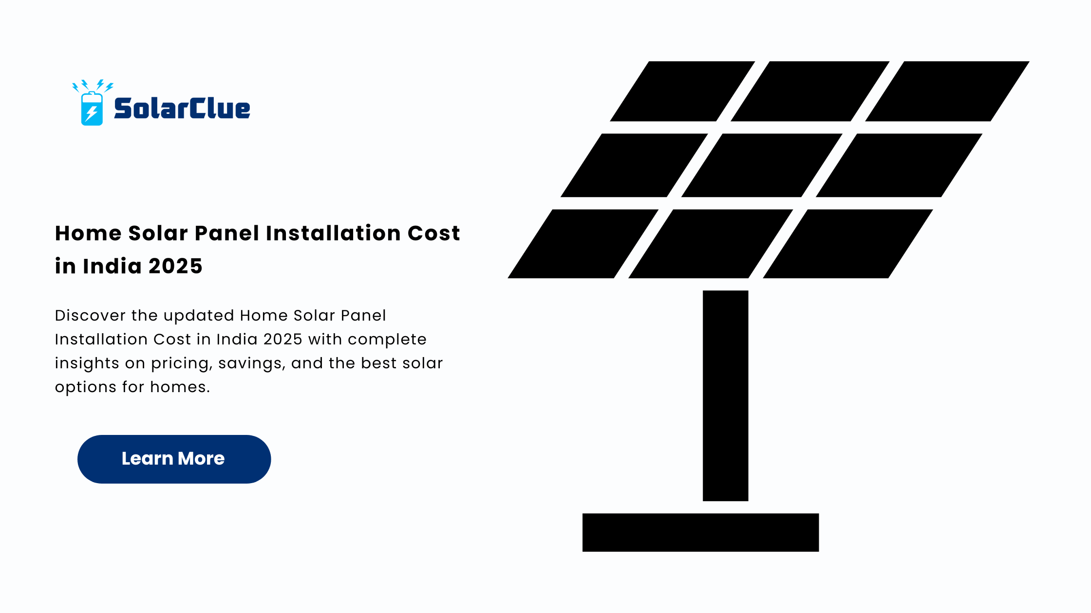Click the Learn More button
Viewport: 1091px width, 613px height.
174,459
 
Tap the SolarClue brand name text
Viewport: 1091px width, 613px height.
182,108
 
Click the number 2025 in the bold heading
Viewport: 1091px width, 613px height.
175,266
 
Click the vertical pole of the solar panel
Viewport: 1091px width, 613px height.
725,396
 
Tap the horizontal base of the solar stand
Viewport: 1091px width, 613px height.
700,532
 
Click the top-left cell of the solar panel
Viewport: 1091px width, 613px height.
682,91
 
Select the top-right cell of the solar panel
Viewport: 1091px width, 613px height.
947,91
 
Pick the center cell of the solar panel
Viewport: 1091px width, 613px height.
762,165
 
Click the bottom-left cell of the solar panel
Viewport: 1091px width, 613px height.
583,244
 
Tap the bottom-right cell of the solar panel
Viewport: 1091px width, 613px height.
848,244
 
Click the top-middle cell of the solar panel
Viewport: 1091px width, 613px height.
810,91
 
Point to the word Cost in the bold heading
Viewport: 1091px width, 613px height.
433,233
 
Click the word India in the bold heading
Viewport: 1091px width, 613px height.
112,266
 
